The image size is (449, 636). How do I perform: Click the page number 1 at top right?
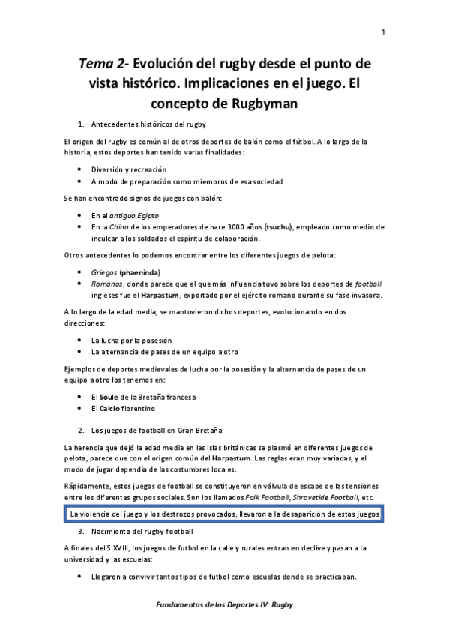click(x=383, y=32)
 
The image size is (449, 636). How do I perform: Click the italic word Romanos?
click(x=107, y=283)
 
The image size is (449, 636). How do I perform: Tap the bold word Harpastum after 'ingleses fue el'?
click(x=157, y=295)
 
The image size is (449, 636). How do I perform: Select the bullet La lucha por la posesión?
click(x=131, y=340)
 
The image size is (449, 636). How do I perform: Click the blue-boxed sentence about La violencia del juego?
click(x=224, y=514)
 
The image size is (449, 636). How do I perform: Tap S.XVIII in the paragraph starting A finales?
click(x=111, y=548)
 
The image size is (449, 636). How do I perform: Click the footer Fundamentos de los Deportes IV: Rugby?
click(x=225, y=604)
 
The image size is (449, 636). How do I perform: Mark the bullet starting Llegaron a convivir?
click(x=223, y=577)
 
